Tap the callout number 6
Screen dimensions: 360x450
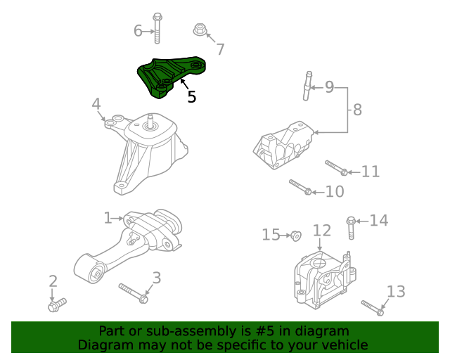click(x=139, y=30)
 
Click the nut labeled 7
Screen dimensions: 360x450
click(x=200, y=30)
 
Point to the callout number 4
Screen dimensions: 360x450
click(x=96, y=105)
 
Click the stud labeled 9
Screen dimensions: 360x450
click(x=308, y=86)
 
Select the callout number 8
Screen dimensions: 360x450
click(x=357, y=110)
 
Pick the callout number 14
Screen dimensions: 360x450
click(x=379, y=221)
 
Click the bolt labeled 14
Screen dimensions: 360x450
click(x=351, y=228)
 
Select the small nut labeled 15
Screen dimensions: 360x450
click(x=296, y=235)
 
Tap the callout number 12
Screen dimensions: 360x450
click(x=321, y=230)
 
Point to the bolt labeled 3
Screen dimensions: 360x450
click(x=133, y=292)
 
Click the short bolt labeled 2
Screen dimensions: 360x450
click(x=56, y=304)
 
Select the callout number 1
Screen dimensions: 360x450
click(x=108, y=219)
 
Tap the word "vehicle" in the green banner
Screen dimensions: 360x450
click(x=344, y=345)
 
